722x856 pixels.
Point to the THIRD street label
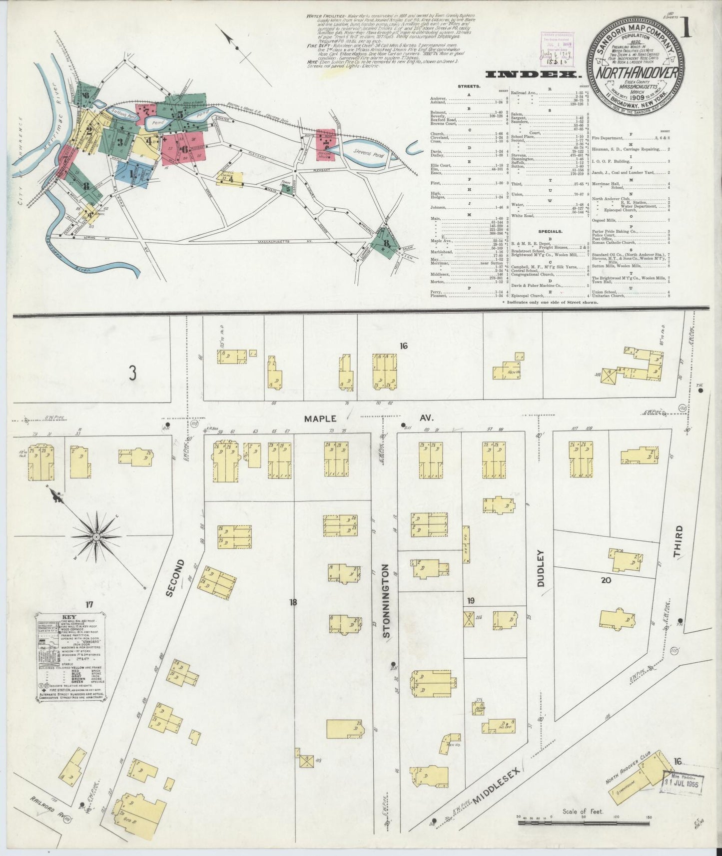[678, 541]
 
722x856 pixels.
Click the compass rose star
[95, 535]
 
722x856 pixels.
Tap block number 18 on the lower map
[293, 602]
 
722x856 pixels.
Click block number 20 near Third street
[606, 580]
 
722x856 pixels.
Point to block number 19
[470, 600]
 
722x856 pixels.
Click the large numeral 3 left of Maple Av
[132, 374]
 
